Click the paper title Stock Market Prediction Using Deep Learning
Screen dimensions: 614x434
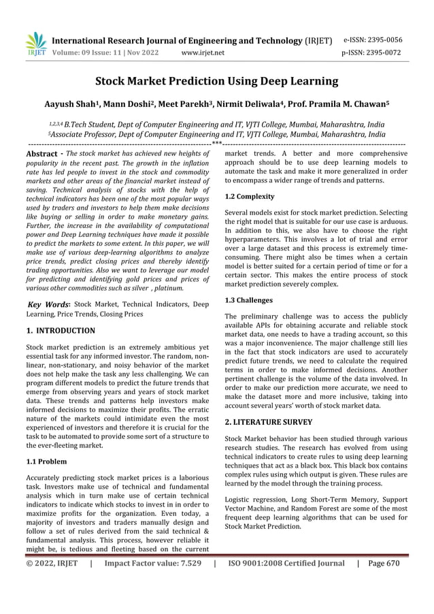click(216, 82)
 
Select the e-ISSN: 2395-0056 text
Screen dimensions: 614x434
click(383, 39)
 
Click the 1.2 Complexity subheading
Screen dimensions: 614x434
click(250, 197)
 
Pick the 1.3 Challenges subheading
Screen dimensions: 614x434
click(248, 300)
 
